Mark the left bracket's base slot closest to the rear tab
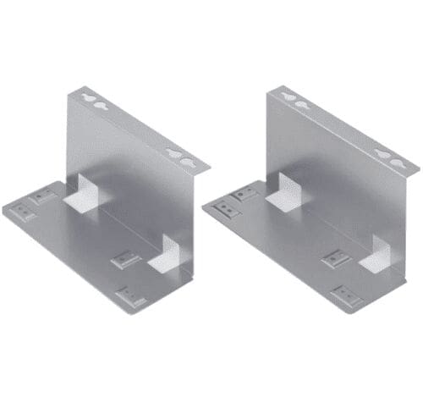[x=43, y=196]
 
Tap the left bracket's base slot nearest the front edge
[x=130, y=296]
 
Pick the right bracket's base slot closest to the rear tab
[x=245, y=194]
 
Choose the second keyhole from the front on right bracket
[x=383, y=155]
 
